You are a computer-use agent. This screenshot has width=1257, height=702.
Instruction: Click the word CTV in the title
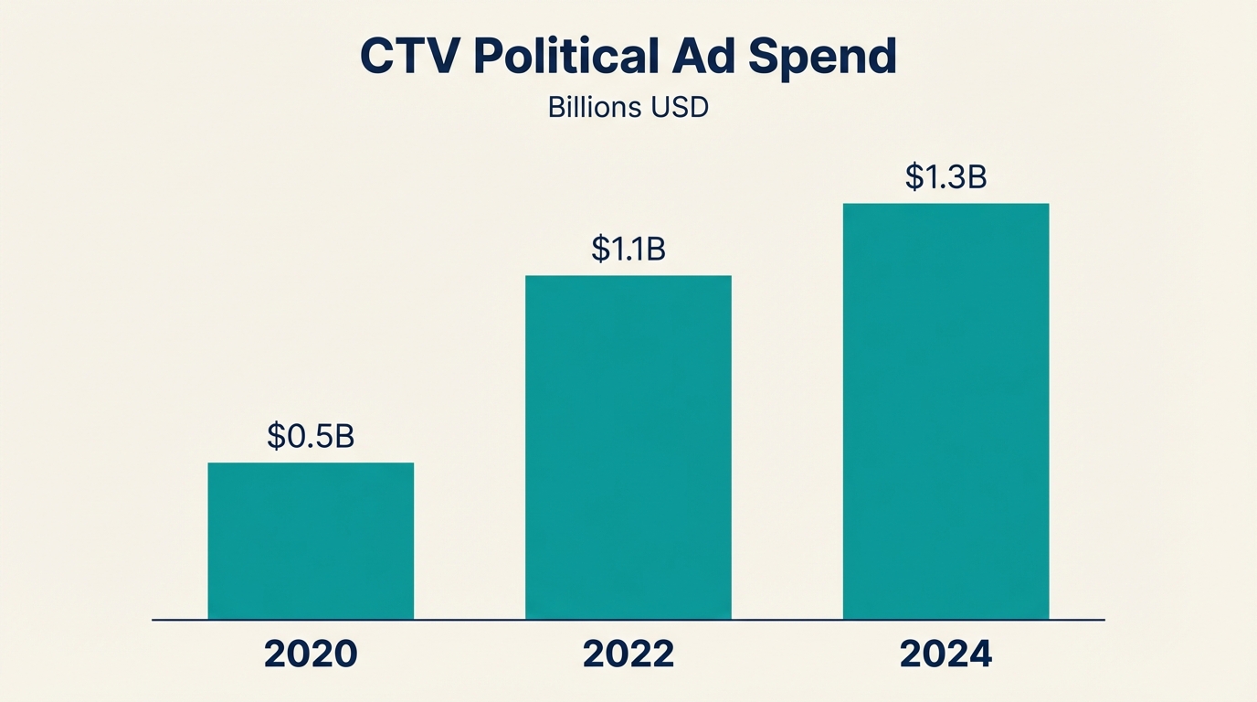(x=410, y=57)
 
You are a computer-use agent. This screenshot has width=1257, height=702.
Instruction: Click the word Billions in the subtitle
(x=594, y=107)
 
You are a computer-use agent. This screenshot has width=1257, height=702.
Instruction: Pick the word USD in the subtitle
(x=680, y=107)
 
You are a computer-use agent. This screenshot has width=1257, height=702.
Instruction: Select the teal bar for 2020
(x=311, y=541)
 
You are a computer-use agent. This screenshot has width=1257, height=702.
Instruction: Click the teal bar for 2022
(x=628, y=447)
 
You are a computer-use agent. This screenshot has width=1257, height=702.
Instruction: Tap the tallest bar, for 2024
(x=945, y=411)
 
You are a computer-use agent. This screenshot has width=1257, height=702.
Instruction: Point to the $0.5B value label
(x=311, y=437)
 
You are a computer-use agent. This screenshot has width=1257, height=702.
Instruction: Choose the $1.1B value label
(x=628, y=249)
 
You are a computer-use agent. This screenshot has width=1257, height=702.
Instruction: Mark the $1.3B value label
(x=945, y=176)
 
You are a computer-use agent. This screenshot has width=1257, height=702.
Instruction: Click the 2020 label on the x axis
(x=311, y=654)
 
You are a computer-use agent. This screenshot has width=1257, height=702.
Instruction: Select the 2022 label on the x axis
(x=628, y=654)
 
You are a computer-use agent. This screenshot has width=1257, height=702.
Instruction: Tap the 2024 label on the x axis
(x=945, y=654)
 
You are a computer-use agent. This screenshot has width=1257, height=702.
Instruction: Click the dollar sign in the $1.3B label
(x=914, y=176)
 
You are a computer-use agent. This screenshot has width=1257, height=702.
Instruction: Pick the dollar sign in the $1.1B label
(x=599, y=249)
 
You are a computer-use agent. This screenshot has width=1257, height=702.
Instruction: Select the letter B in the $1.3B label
(x=977, y=176)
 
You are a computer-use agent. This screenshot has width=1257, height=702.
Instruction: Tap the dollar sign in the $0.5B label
(x=276, y=437)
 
